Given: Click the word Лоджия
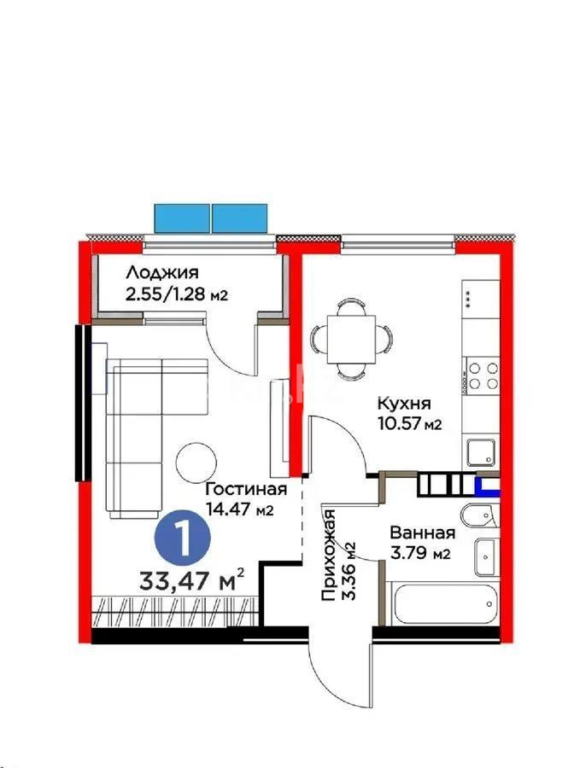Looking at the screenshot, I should point(162,273).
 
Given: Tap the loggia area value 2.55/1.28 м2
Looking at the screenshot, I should point(178,294).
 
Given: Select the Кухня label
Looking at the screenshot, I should point(405,404).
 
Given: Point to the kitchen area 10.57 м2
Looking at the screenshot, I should point(408,424).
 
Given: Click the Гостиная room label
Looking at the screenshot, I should point(244,490).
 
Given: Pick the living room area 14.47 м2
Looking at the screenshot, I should point(238,510).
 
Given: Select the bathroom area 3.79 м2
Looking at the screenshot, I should point(419,555).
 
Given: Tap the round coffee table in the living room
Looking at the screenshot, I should point(197,463).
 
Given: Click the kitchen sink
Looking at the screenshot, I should point(481,450).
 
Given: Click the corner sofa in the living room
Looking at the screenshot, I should point(137,427).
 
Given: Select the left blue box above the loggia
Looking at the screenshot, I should point(182,218).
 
